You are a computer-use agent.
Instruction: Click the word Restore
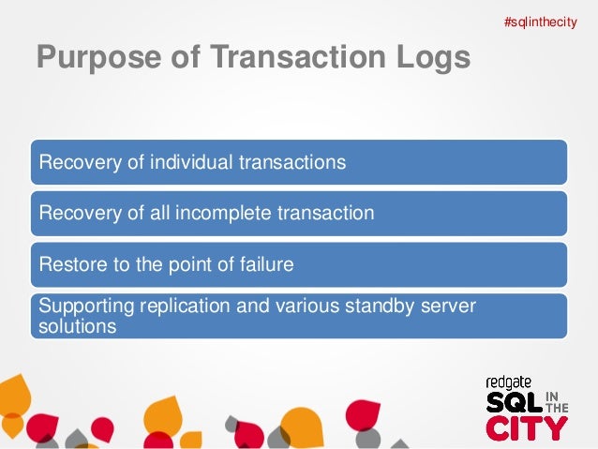pos(68,264)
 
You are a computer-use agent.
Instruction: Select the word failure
pos(265,264)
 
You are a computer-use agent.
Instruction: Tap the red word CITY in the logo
pos(527,427)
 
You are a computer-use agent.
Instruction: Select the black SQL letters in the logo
pos(514,403)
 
